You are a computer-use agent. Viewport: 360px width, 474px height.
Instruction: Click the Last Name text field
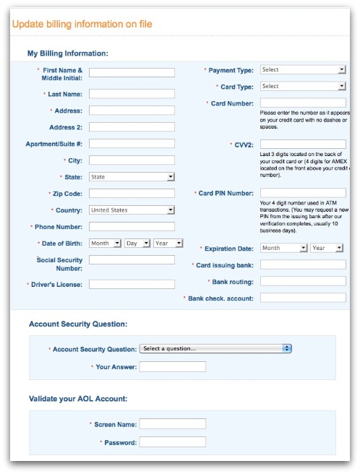[x=132, y=94]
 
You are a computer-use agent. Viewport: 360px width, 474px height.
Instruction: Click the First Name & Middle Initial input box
[x=132, y=73]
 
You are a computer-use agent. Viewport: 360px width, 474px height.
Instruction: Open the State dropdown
[x=132, y=176]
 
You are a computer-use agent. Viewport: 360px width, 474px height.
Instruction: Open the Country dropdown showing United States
[x=132, y=210]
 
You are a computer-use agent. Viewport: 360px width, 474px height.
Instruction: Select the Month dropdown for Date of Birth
[x=105, y=244]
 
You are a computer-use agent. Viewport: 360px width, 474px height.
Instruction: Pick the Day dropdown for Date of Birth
[x=137, y=244]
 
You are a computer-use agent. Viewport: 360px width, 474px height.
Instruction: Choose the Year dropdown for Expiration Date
[x=327, y=248]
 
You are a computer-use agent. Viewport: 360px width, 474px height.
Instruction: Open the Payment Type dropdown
[x=302, y=70]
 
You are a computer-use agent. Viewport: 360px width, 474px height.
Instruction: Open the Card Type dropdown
[x=302, y=87]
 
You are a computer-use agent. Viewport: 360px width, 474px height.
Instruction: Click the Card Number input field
[x=302, y=103]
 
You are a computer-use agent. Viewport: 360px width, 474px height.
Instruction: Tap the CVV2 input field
[x=302, y=145]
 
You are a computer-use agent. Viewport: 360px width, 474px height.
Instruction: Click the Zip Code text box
[x=132, y=194]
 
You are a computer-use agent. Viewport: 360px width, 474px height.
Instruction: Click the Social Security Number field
[x=132, y=260]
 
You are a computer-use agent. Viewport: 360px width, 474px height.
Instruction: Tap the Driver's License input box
[x=132, y=285]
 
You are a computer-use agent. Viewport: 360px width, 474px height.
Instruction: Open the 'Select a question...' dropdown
[x=215, y=348]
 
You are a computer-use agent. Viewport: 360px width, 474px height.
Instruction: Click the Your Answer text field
[x=172, y=367]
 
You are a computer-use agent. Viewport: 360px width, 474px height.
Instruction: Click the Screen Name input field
[x=172, y=424]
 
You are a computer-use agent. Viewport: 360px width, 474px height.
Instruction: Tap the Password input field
[x=172, y=442]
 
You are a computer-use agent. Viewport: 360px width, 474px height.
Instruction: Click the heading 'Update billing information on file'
[x=82, y=25]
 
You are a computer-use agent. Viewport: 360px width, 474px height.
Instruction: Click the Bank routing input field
[x=302, y=282]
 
